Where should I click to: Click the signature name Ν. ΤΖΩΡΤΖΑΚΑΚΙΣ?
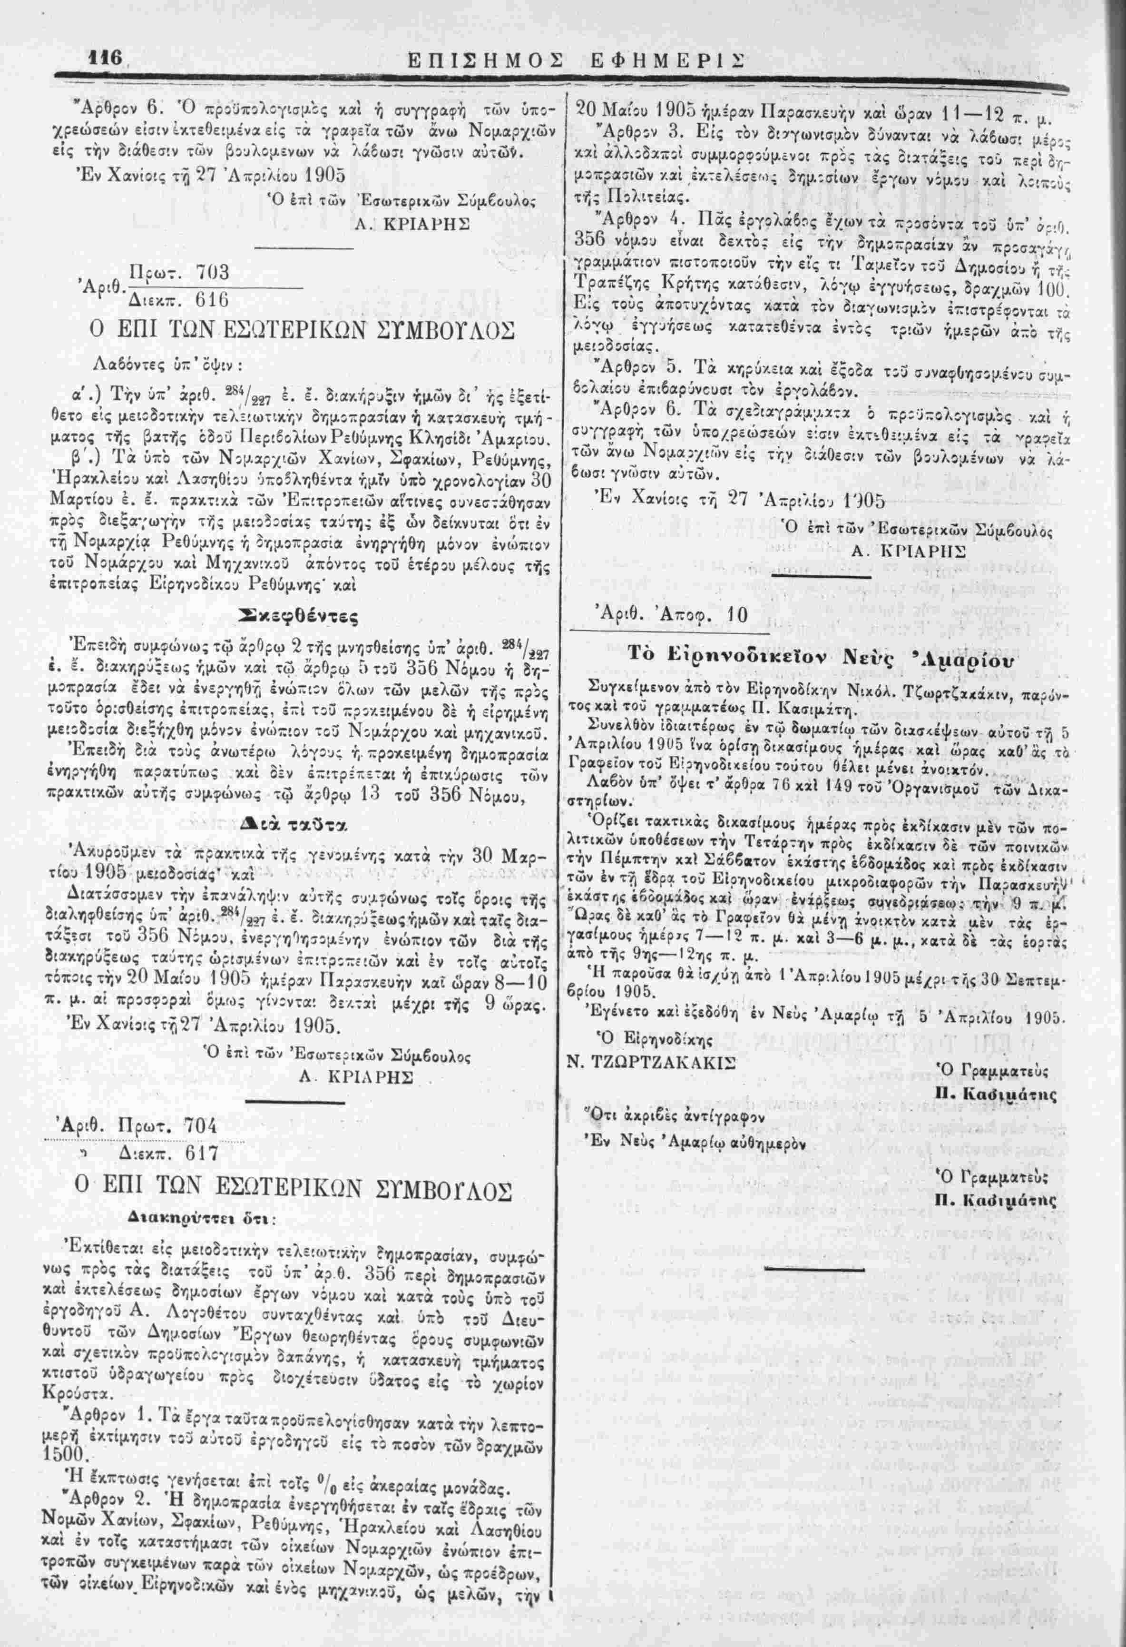(650, 1062)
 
